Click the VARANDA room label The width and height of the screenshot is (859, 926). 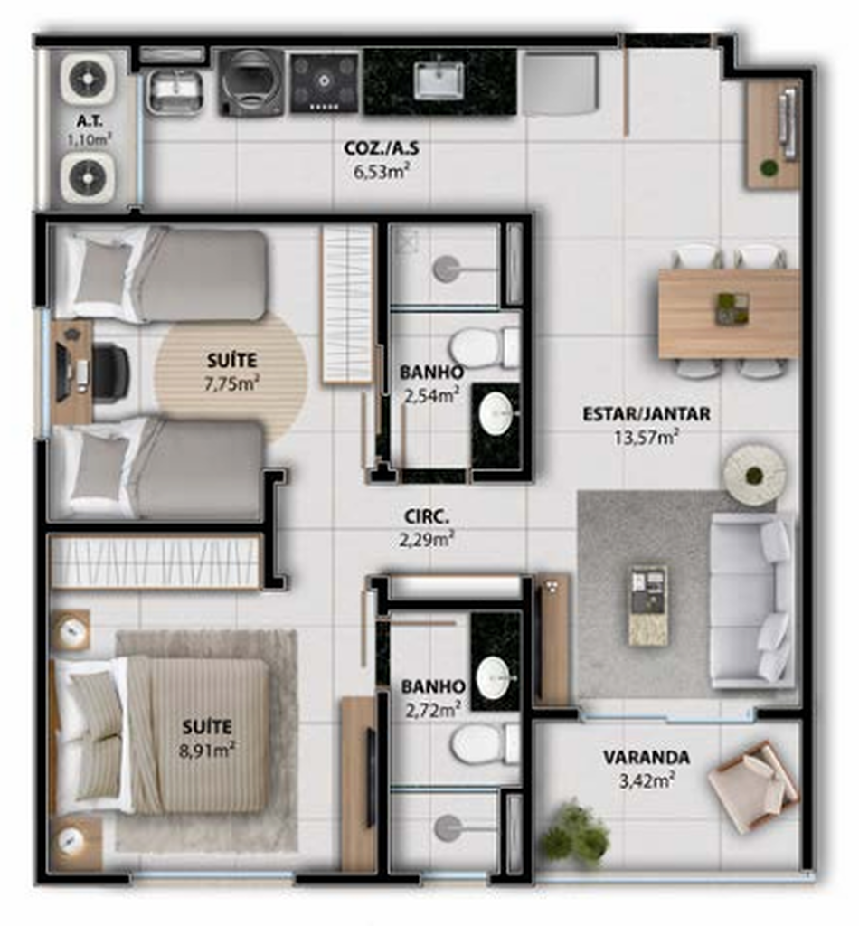646,757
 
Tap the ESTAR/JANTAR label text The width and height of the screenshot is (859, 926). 646,414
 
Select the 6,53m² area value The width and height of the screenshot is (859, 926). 382,173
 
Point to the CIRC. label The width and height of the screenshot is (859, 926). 426,516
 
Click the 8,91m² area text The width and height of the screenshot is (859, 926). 207,751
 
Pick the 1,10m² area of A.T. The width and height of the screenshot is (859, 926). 90,140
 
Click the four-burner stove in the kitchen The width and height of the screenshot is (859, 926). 324,82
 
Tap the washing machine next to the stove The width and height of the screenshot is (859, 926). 250,82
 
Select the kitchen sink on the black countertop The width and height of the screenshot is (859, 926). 438,80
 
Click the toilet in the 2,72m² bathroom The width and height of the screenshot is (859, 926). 485,744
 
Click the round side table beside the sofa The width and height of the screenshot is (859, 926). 754,474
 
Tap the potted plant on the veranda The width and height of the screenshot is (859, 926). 575,833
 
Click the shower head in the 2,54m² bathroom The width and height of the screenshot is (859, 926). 447,269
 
